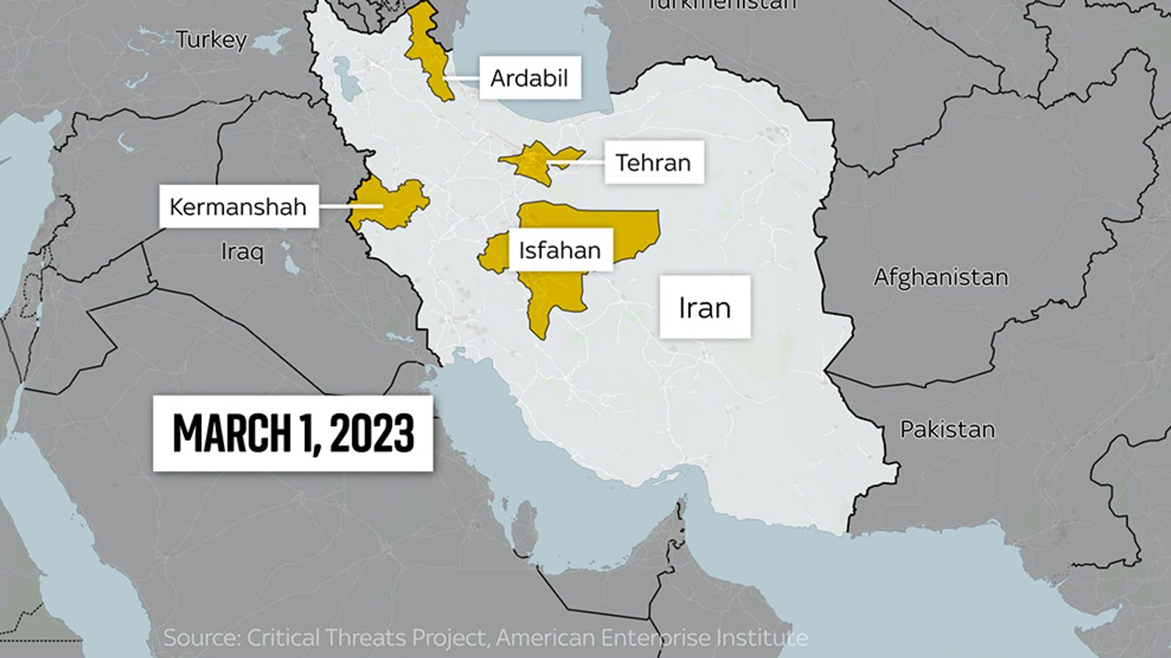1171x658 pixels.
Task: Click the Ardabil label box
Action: [x=529, y=77]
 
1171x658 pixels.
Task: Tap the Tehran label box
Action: [x=654, y=162]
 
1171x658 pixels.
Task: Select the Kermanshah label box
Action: [x=238, y=207]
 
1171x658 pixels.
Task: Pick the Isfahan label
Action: [x=560, y=250]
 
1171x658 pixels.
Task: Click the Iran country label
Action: [x=705, y=307]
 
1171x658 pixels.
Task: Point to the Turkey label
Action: [x=212, y=39]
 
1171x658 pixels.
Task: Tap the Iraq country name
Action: [x=242, y=252]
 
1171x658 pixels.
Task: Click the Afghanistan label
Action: [x=940, y=277]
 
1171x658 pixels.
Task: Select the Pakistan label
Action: [x=947, y=429]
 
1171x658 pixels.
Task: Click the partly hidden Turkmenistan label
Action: [x=722, y=4]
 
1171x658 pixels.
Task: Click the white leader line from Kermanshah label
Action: [x=350, y=207]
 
